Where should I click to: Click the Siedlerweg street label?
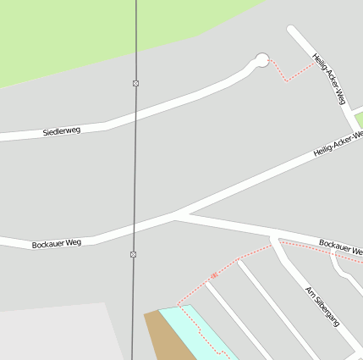[x=62, y=132]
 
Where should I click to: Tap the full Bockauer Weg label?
[x=56, y=244]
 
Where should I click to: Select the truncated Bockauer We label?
[x=340, y=247]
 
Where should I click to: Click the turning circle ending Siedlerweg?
[x=262, y=59]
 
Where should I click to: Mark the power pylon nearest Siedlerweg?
[x=135, y=83]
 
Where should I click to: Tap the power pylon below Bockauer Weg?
[x=133, y=254]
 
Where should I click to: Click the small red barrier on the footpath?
[x=214, y=275]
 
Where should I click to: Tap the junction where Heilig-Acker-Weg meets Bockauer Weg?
[x=176, y=213]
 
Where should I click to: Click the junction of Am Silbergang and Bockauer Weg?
[x=273, y=238]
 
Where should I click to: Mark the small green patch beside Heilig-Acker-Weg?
[x=358, y=118]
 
